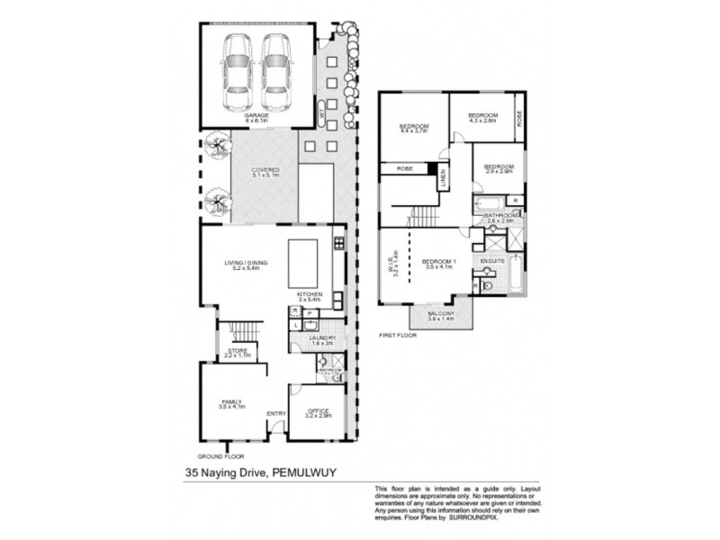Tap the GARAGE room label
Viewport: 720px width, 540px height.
coord(257,116)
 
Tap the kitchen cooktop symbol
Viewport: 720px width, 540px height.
coord(338,242)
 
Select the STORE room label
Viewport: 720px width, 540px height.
coord(238,352)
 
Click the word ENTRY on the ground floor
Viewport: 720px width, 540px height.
coord(275,413)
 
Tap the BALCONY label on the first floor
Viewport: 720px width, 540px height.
coord(441,313)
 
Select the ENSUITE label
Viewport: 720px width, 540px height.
coord(491,261)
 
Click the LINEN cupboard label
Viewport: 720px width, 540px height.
coord(443,180)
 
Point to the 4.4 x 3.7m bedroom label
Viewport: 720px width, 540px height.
coord(413,128)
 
